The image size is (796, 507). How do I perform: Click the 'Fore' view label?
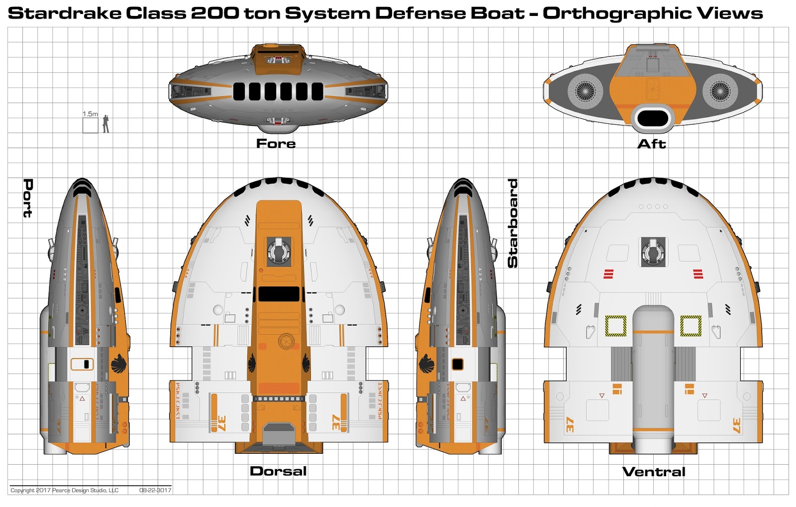(276, 143)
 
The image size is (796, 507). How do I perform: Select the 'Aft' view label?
(651, 144)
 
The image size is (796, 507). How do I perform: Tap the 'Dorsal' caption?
(278, 471)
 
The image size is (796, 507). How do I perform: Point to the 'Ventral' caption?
(654, 472)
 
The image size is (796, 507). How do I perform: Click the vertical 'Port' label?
(28, 198)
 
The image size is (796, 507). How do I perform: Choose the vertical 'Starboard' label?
(512, 223)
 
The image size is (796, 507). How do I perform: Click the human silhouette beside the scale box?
(105, 124)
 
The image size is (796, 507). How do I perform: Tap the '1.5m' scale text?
(90, 114)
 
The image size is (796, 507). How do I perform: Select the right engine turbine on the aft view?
(720, 91)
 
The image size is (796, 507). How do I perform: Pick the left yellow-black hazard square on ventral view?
(615, 326)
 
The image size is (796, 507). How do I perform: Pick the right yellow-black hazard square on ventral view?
(691, 326)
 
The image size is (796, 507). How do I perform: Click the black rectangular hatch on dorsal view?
(279, 294)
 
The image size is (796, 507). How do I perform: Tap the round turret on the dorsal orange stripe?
(279, 251)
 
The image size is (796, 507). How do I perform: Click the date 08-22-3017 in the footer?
(155, 490)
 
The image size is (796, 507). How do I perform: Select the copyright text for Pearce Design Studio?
(65, 490)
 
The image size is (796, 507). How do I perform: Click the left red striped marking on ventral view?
(608, 273)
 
